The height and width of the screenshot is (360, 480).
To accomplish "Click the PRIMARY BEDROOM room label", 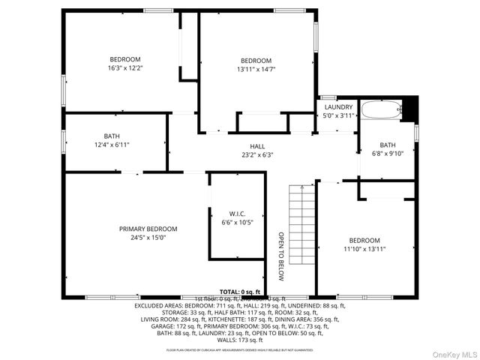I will pos(148,229).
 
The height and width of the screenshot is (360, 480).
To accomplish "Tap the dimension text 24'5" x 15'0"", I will pos(148,238).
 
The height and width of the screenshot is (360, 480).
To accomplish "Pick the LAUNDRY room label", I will pos(338,107).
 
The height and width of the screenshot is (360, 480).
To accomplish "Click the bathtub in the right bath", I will pos(380,110).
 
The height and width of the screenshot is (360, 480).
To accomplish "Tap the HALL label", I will pos(257,146).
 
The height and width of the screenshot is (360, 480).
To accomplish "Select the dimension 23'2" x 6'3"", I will pos(257,155).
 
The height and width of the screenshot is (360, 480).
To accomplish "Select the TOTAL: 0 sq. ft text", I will pos(240,292).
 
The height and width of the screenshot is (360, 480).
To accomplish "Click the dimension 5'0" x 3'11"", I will pos(338,116).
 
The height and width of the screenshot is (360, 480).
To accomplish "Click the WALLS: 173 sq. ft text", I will pos(240,340).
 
